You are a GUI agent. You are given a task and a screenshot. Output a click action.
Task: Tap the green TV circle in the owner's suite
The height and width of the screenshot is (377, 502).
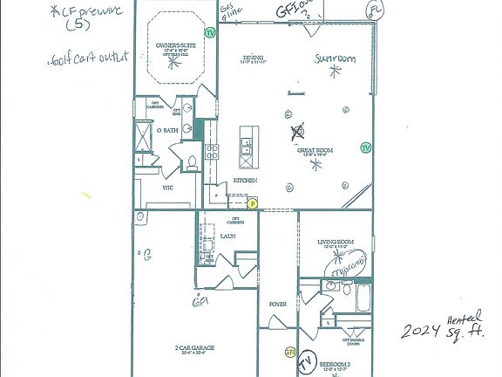(x=210, y=32)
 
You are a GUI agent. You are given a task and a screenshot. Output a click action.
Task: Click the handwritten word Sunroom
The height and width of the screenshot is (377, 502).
(x=336, y=59)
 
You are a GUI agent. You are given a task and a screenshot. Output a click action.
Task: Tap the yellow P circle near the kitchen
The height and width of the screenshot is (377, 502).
(x=253, y=203)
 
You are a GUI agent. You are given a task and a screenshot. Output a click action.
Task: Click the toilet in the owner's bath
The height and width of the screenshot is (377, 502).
(x=193, y=161)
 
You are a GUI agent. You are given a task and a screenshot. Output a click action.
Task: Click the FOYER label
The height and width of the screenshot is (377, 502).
(x=277, y=305)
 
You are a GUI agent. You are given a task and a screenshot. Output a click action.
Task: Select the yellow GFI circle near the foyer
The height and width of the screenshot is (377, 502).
(x=290, y=352)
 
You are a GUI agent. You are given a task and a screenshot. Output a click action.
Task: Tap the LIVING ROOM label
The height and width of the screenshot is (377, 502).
(x=336, y=242)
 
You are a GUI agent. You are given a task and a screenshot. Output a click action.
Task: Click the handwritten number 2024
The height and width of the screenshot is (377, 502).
(x=422, y=331)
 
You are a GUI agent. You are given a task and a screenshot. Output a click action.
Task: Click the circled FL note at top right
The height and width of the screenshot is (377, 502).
(x=376, y=10)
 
